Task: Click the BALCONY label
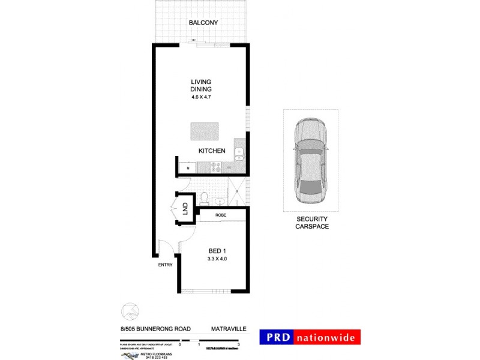[x=203, y=23]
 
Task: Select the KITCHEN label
[x=212, y=151]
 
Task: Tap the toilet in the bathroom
[x=204, y=196]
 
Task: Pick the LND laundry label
[x=185, y=209]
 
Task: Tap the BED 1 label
[x=217, y=250]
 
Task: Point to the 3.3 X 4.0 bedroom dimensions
[x=217, y=259]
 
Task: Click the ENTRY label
[x=165, y=265]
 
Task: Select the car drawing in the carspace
[x=310, y=159]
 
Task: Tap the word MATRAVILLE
[x=227, y=329]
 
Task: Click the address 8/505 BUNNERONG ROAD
[x=155, y=329]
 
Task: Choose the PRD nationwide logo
[x=310, y=337]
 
